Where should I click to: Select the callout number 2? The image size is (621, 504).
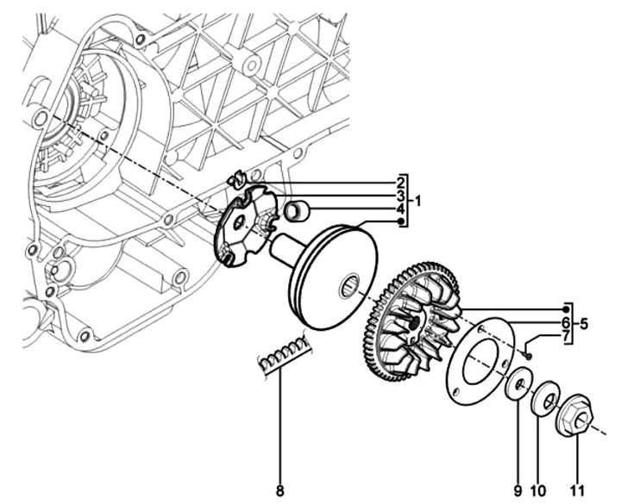pyautogui.click(x=401, y=183)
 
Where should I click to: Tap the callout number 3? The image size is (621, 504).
pyautogui.click(x=401, y=196)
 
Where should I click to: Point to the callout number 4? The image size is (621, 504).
pyautogui.click(x=401, y=209)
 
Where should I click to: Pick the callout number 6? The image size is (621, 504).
pyautogui.click(x=566, y=321)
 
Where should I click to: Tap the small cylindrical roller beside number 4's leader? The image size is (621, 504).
pyautogui.click(x=298, y=208)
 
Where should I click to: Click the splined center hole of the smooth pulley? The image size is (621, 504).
pyautogui.click(x=354, y=284)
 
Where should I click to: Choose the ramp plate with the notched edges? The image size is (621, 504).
pyautogui.click(x=243, y=227)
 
